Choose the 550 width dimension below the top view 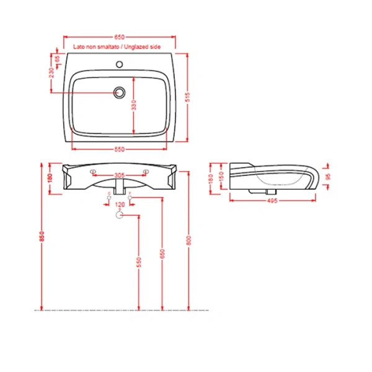click(120, 149)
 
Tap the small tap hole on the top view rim click(120, 64)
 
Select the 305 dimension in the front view click(120, 175)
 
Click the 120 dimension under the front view click(120, 204)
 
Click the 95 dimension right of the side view click(328, 175)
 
